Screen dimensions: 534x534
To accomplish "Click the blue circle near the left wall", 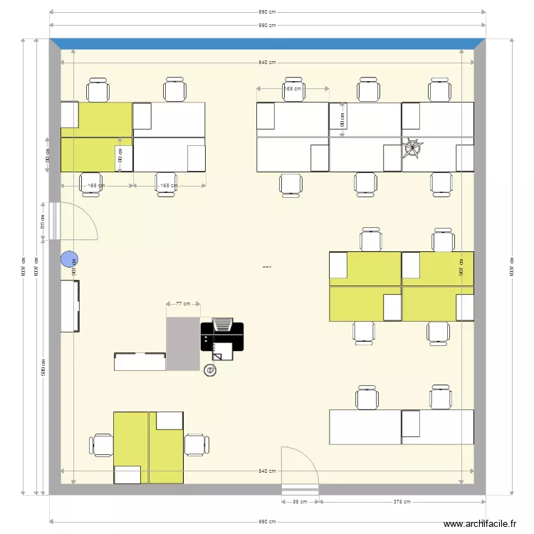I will tap(69, 261).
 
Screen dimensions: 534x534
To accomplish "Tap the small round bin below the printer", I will tap(210, 370).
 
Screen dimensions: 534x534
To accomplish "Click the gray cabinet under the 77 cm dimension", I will tap(183, 344).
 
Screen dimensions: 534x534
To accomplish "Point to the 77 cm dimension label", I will tap(183, 304).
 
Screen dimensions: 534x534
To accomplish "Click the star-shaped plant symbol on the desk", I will tap(412, 149).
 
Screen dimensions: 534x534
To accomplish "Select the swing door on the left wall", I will tap(78, 221).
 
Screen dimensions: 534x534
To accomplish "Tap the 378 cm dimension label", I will tap(402, 502).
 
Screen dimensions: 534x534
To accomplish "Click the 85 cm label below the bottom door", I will tap(300, 502).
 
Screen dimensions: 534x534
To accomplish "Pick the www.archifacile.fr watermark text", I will tap(480, 524).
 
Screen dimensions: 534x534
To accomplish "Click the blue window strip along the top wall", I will tap(267, 43).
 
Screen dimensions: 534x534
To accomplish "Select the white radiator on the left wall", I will tap(70, 306).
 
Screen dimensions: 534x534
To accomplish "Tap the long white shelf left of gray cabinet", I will tap(140, 361).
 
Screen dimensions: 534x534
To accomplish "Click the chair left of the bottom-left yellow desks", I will tap(101, 445).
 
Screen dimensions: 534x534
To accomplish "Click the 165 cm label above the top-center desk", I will tap(292, 89).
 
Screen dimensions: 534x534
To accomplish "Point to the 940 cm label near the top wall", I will tap(267, 63).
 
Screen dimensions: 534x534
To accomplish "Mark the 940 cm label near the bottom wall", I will tap(267, 471).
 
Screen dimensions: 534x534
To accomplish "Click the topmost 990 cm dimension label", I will tap(267, 12).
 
